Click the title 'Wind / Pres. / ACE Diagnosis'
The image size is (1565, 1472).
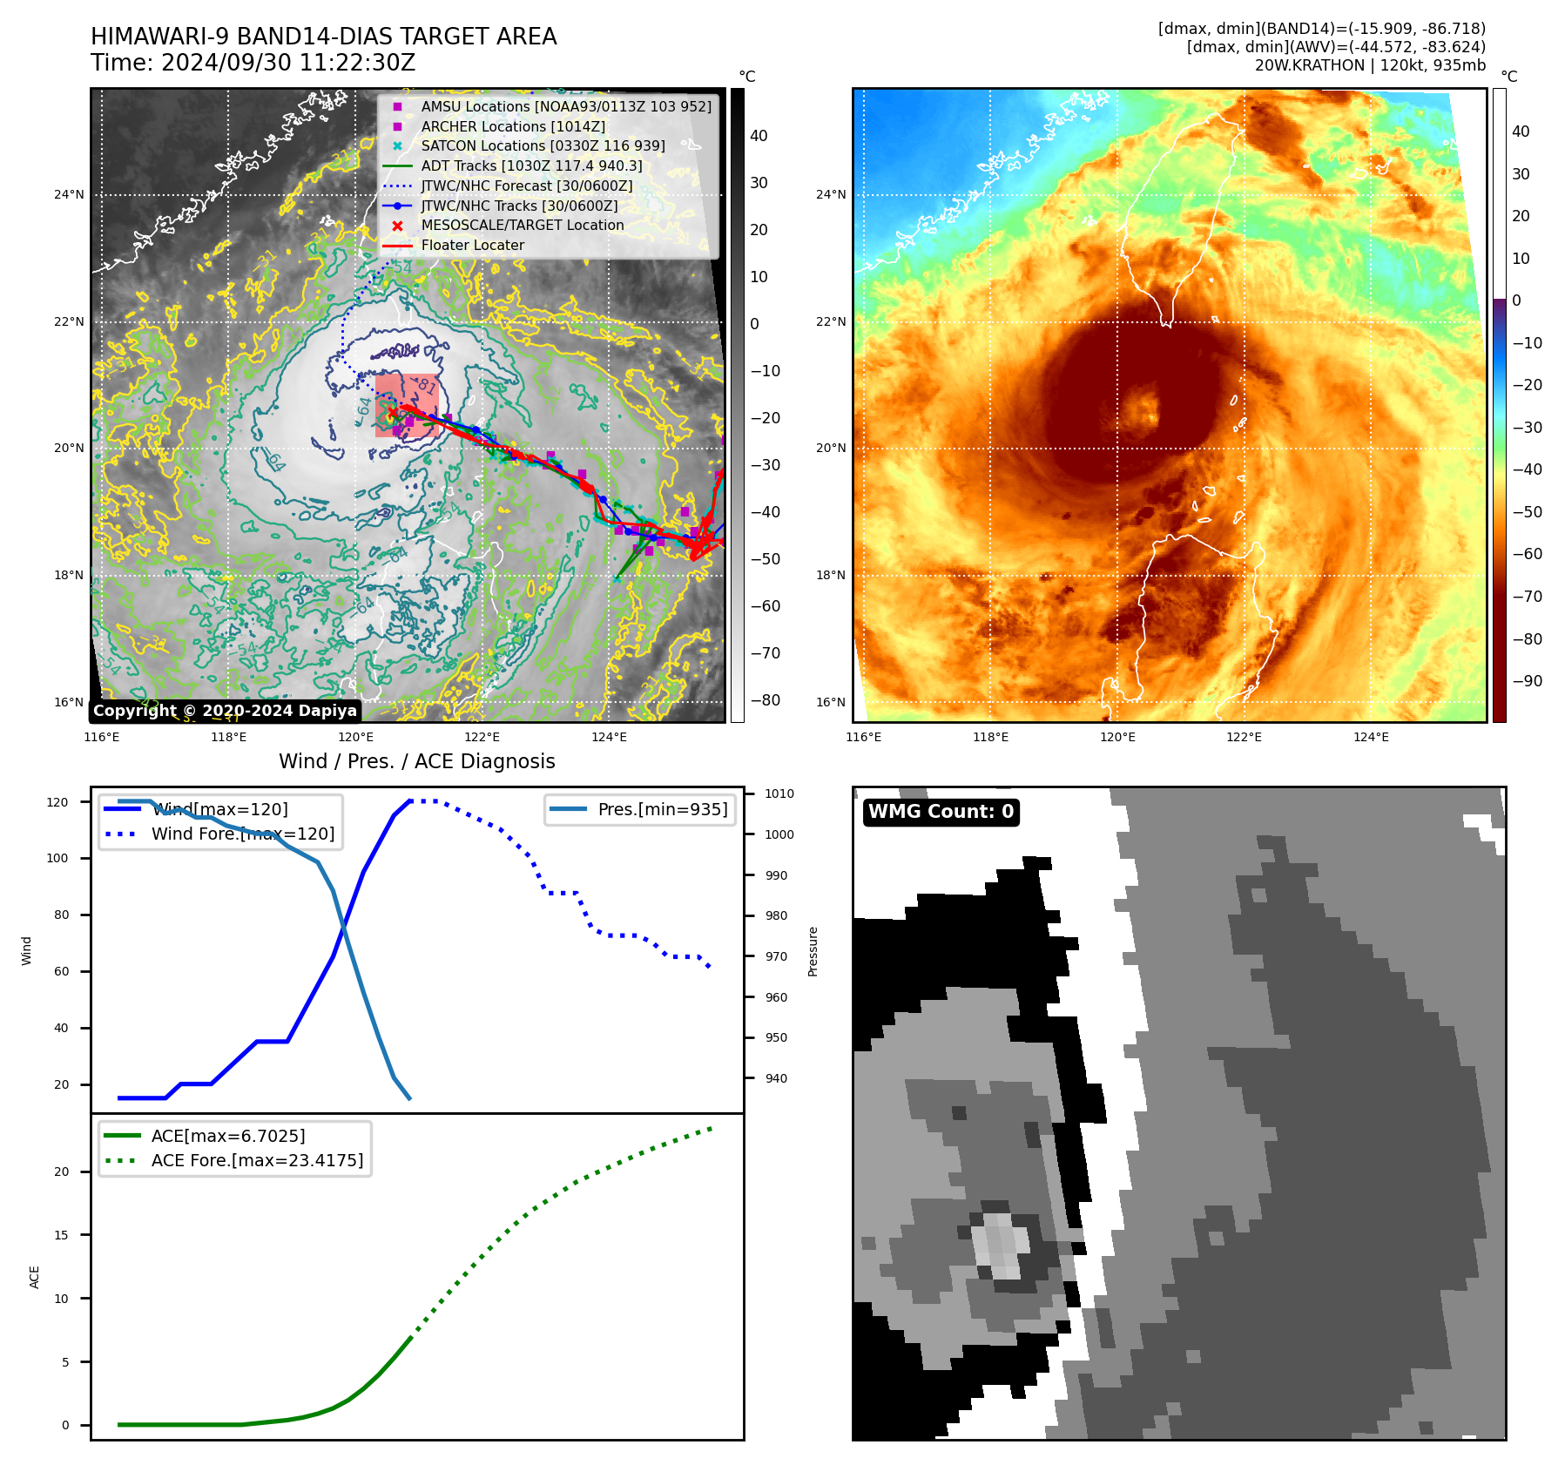[416, 761]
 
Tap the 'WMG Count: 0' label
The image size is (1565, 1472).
[941, 812]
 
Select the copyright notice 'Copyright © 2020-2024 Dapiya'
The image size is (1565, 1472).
[225, 711]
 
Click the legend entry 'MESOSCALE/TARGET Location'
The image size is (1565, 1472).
[522, 226]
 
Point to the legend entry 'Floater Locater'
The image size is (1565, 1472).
[472, 246]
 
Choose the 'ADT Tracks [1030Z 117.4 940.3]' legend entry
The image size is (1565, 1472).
[531, 165]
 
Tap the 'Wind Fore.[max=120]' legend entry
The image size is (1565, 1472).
[243, 834]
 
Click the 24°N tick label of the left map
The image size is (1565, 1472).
[69, 194]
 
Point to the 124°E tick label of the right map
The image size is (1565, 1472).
[1371, 737]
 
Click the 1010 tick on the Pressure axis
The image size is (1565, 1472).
[779, 793]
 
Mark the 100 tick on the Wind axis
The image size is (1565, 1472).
[57, 858]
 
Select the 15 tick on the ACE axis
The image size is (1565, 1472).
[62, 1235]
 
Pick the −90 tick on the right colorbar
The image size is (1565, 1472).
[1527, 681]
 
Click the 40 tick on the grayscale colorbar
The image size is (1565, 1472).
[759, 136]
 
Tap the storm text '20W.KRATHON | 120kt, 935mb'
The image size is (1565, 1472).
[1370, 65]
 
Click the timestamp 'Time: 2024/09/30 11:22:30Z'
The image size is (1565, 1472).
[253, 63]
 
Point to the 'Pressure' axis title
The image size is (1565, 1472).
[813, 951]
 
